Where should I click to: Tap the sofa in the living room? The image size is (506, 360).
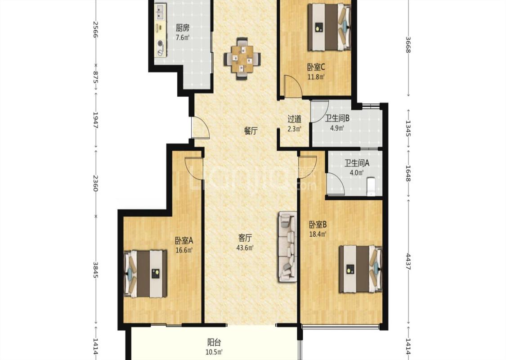(287, 247)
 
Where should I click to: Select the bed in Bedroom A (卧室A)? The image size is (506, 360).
(146, 274)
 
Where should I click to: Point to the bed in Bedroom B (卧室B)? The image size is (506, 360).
(360, 269)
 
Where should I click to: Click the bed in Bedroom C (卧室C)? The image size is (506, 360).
(328, 27)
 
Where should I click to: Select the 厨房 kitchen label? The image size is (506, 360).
(182, 28)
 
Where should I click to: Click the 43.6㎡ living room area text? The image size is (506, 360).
(246, 248)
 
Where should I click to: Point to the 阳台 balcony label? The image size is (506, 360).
(214, 342)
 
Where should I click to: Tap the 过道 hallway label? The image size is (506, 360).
(294, 119)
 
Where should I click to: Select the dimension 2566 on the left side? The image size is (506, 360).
(95, 29)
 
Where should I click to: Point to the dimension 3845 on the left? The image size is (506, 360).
(95, 269)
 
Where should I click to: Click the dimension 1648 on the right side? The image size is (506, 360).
(408, 173)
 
